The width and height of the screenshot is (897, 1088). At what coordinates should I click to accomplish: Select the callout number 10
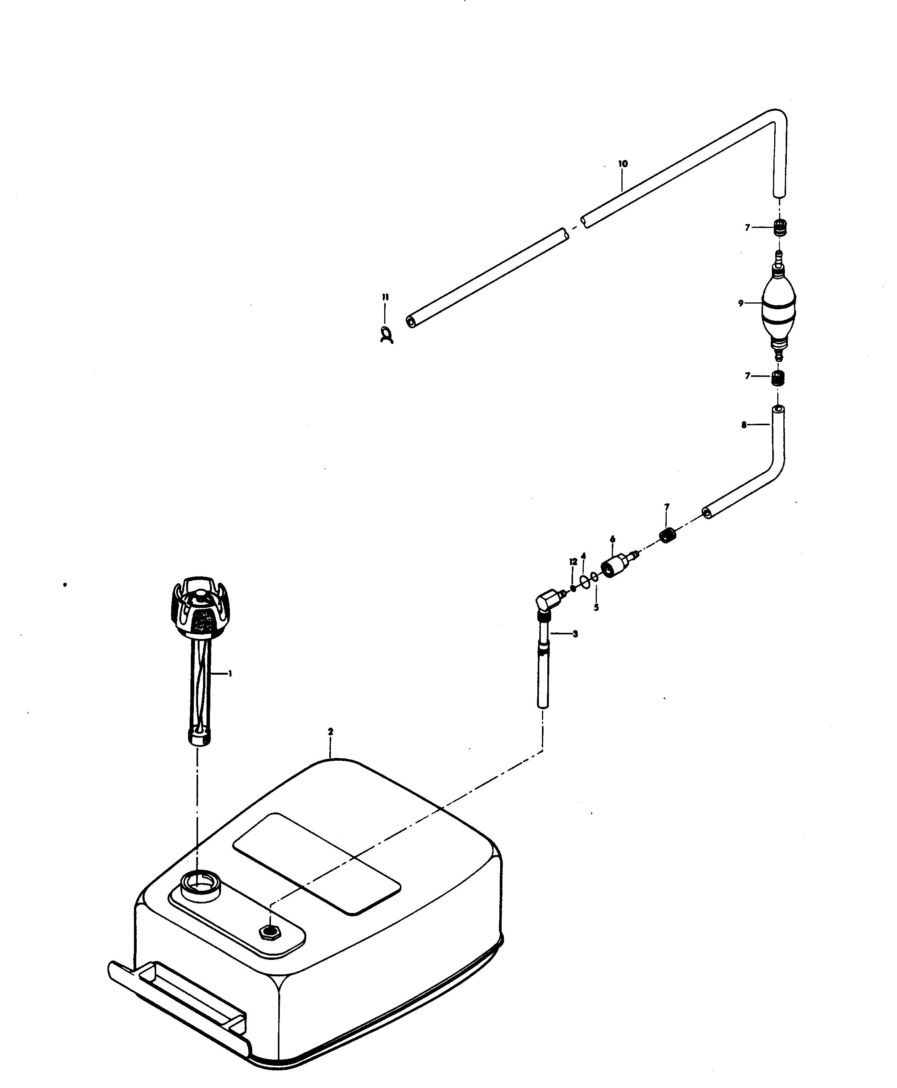pos(623,164)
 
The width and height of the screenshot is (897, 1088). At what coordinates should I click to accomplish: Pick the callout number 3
pos(575,634)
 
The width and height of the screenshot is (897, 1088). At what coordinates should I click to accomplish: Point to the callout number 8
pos(744,425)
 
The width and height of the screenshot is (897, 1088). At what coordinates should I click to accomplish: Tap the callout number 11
pos(385,297)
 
